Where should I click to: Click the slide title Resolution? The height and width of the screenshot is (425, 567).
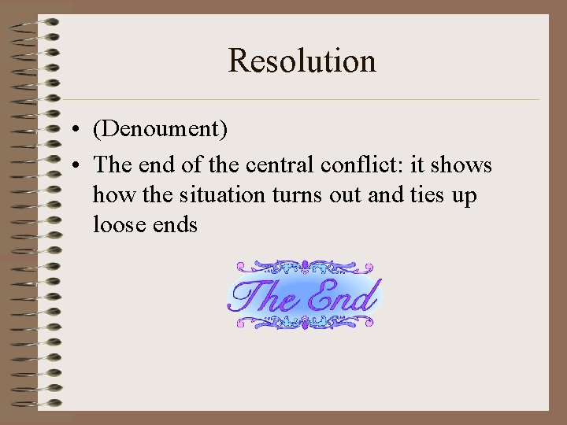[302, 61]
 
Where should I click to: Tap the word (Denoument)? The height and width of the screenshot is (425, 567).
[160, 128]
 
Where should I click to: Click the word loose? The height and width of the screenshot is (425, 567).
[118, 224]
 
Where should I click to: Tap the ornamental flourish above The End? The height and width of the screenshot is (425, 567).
[303, 268]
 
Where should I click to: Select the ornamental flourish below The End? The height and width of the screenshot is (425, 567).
[303, 321]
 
